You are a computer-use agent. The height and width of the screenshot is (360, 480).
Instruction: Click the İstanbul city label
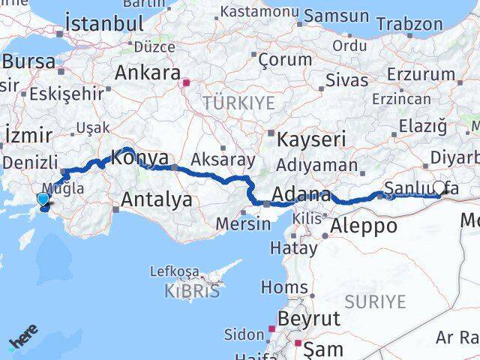(x=104, y=22)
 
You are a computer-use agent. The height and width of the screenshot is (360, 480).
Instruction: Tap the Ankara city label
(x=148, y=73)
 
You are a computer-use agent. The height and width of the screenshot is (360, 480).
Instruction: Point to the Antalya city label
(x=156, y=199)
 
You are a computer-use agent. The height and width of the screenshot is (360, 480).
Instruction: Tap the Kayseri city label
(x=311, y=139)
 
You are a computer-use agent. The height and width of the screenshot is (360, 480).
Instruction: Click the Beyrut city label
(x=308, y=319)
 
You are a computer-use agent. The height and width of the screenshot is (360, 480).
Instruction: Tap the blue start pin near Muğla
(x=43, y=199)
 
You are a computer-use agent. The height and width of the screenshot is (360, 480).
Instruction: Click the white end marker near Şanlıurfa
(x=439, y=188)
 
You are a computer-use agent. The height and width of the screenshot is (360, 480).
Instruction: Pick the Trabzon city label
(x=409, y=23)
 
